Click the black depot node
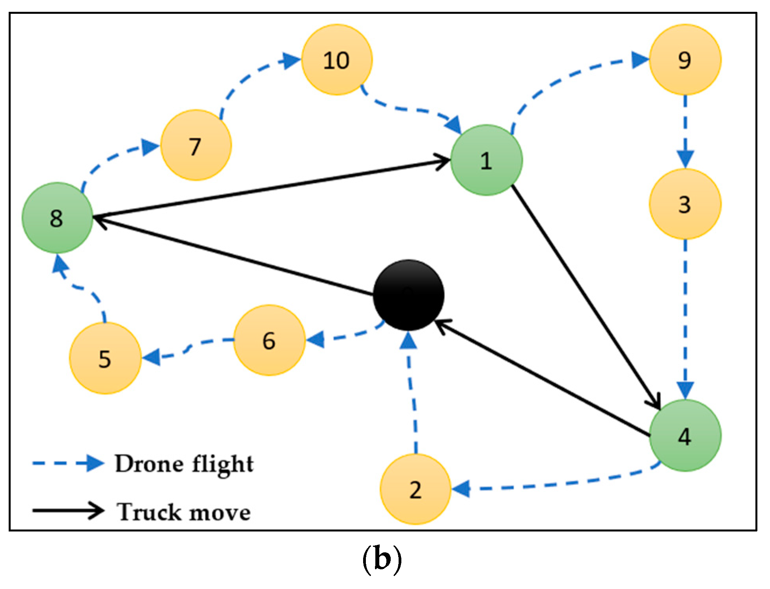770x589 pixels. (408, 295)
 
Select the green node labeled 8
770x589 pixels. (58, 217)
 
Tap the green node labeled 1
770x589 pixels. (487, 160)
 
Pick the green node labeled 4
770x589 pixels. (685, 435)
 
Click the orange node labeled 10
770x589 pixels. (337, 60)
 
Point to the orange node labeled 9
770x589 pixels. (685, 60)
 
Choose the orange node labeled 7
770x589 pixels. (196, 145)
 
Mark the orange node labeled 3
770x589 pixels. (685, 204)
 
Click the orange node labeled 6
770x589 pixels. (269, 340)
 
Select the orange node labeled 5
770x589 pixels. (105, 358)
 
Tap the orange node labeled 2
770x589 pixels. (416, 489)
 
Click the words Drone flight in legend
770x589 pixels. (184, 464)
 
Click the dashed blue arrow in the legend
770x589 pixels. (68, 464)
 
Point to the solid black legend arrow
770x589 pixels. (68, 511)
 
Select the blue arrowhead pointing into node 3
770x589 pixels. (685, 158)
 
